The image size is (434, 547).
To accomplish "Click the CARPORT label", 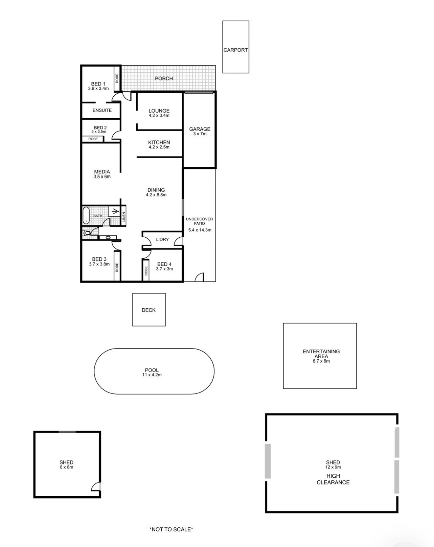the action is pyautogui.click(x=235, y=50).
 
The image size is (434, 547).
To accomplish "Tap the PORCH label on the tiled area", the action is pyautogui.click(x=164, y=78).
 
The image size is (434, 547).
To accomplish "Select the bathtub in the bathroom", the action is pyautogui.click(x=86, y=215).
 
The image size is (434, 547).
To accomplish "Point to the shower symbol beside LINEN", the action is pyautogui.click(x=114, y=212).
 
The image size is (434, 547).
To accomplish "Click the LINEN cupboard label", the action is pyautogui.click(x=124, y=217).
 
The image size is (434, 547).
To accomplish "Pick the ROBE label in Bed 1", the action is pyautogui.click(x=117, y=78).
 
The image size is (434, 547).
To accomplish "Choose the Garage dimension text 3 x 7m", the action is pyautogui.click(x=200, y=134).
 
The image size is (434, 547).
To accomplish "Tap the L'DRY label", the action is pyautogui.click(x=162, y=239).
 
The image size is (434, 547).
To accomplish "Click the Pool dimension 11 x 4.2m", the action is pyautogui.click(x=152, y=375).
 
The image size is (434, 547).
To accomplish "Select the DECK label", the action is pyautogui.click(x=149, y=310).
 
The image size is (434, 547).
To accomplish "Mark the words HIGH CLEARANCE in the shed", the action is pyautogui.click(x=333, y=479).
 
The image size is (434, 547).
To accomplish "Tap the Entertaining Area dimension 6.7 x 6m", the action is pyautogui.click(x=321, y=361).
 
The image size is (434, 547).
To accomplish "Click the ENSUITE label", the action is pyautogui.click(x=102, y=110).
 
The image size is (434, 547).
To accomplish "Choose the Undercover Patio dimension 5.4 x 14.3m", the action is pyautogui.click(x=200, y=230).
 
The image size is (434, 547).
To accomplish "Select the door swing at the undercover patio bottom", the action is pyautogui.click(x=199, y=277).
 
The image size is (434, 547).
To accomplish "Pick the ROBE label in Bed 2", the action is pyautogui.click(x=93, y=139).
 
